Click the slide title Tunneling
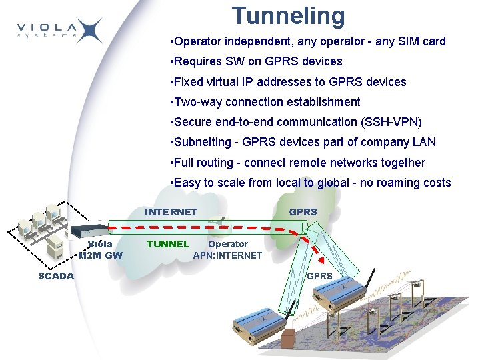tap(288, 15)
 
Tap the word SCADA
tap(56, 275)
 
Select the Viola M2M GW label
tap(100, 249)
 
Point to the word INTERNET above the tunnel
tap(171, 212)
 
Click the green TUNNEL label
tap(167, 244)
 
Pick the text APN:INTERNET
tap(227, 255)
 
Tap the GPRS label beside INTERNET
tap(303, 212)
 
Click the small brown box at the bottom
tap(288, 338)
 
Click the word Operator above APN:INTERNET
tap(228, 244)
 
